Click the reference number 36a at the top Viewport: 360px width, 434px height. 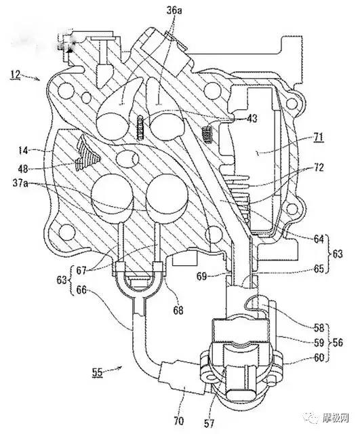(174, 11)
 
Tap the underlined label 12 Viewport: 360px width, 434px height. (16, 75)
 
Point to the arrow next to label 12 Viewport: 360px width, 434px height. (31, 77)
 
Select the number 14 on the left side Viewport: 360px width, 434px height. (24, 151)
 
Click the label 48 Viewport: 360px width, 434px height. (24, 169)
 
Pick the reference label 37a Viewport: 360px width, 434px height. (20, 183)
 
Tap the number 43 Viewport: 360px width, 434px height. (252, 119)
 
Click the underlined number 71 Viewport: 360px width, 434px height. (318, 138)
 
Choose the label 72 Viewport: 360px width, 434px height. (318, 167)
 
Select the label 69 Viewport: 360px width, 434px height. (201, 276)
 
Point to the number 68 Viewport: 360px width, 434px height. (178, 310)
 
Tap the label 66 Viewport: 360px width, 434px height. (81, 290)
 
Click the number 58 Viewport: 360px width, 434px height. (319, 328)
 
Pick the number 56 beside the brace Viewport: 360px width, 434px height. (338, 342)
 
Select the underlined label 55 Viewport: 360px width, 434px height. (98, 372)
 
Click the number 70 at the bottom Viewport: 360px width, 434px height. (178, 421)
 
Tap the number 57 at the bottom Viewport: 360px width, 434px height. (209, 423)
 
